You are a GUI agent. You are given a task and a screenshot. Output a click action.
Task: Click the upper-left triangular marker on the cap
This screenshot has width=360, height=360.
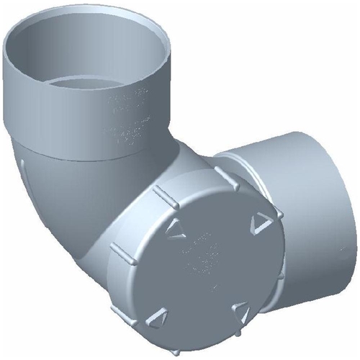171,229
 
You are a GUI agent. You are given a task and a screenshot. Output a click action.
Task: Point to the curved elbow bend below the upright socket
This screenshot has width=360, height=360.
65,216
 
